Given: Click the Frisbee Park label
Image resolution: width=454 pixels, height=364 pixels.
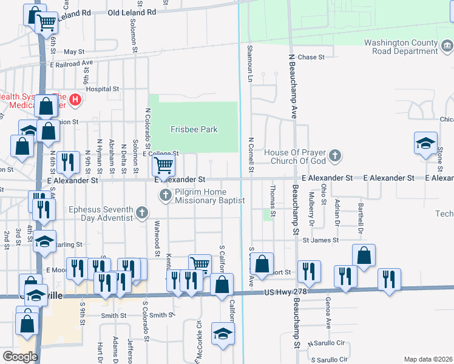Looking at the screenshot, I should click(x=194, y=129).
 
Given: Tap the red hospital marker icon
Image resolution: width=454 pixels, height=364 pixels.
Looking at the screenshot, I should click(x=75, y=99).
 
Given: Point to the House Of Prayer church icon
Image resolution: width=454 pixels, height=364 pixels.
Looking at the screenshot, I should click(x=335, y=157).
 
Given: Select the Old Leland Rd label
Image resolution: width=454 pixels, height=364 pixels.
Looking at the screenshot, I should click(x=132, y=12).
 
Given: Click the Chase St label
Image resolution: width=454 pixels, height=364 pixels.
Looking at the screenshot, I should click(x=311, y=57).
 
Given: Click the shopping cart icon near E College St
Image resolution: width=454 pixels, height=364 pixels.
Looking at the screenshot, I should click(x=163, y=164).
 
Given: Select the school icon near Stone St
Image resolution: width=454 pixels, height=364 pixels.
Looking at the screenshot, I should click(x=425, y=143).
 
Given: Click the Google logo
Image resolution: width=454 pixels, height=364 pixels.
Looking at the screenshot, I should click(x=20, y=356).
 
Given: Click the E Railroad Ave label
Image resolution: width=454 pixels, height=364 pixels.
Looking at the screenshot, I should click(x=71, y=63).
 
